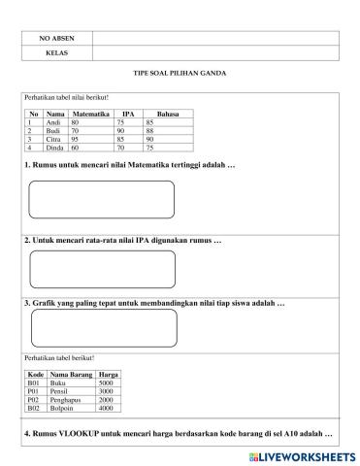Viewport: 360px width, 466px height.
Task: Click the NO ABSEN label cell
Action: tap(56, 38)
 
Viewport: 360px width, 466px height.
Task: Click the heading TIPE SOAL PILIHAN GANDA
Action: tap(180, 74)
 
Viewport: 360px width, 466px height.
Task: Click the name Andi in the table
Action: tap(54, 123)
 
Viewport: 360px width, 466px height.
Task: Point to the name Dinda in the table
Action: tap(55, 147)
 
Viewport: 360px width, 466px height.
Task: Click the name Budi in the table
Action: tap(54, 131)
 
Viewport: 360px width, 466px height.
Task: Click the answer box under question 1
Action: tap(102, 199)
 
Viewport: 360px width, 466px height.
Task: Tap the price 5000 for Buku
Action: tap(106, 383)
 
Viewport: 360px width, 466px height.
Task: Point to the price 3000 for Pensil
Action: tap(106, 391)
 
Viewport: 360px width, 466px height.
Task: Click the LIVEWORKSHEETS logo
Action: tap(301, 454)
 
